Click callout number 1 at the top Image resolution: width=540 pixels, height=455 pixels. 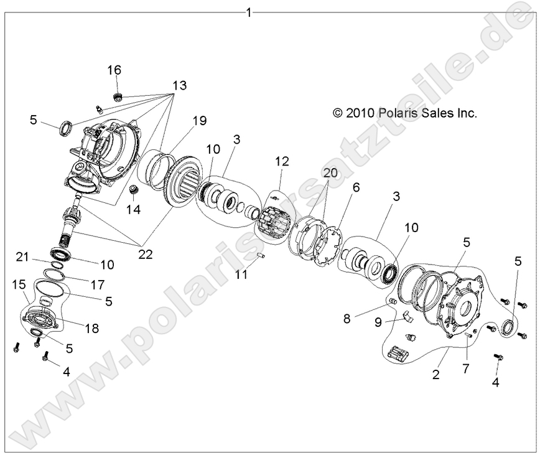tap(249, 12)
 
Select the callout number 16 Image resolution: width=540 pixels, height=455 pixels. tap(115, 70)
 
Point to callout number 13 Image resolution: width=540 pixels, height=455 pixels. tap(179, 85)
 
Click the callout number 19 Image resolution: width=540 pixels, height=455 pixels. tap(199, 120)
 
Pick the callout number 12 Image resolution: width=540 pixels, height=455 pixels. tap(282, 161)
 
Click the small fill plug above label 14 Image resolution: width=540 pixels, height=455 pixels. tap(133, 188)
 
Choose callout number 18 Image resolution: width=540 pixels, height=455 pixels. tap(91, 328)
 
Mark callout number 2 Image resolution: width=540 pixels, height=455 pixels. tap(436, 375)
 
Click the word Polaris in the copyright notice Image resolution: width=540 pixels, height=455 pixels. tap(403, 113)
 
